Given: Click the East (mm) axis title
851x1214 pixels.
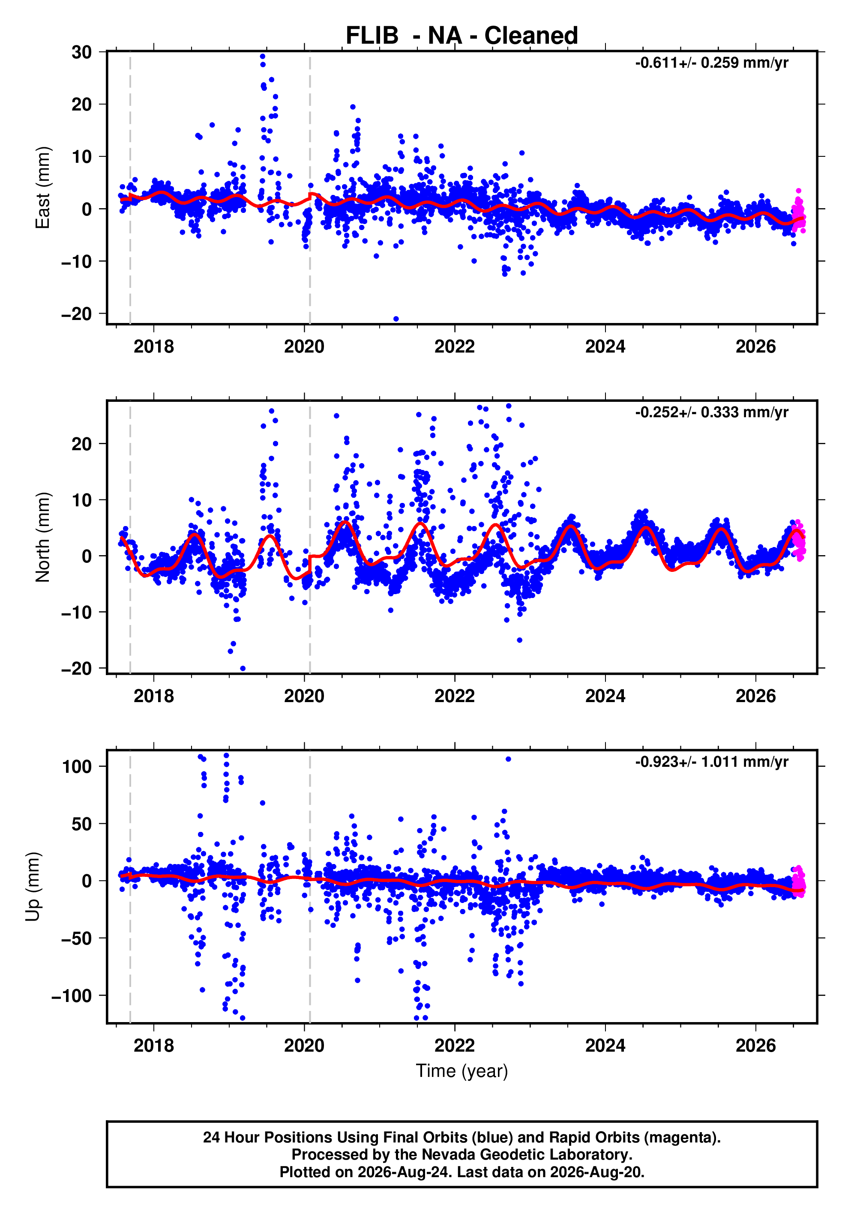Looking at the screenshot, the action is tap(42, 188).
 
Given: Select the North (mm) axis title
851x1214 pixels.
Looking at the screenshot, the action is tap(42, 537).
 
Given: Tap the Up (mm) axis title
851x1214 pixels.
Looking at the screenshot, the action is tap(33, 887).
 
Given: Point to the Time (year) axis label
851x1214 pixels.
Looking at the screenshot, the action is tap(462, 1070).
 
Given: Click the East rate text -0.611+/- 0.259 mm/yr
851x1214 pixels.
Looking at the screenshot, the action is tap(711, 63).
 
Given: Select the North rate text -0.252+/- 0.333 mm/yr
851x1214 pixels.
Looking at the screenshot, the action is tap(711, 413).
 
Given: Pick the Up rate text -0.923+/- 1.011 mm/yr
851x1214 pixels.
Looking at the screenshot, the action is tap(711, 762).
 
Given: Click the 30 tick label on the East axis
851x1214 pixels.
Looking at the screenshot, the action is tap(82, 52).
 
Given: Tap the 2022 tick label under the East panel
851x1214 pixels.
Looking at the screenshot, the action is tap(454, 347).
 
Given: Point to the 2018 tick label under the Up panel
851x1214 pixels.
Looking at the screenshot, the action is tap(153, 1046).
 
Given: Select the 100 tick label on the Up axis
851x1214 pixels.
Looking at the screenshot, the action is tap(77, 767).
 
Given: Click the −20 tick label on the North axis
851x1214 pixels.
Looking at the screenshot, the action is tap(77, 669).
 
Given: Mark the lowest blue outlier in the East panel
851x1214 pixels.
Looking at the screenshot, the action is tap(396, 319).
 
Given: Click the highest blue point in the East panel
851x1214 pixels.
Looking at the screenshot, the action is tap(262, 56).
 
